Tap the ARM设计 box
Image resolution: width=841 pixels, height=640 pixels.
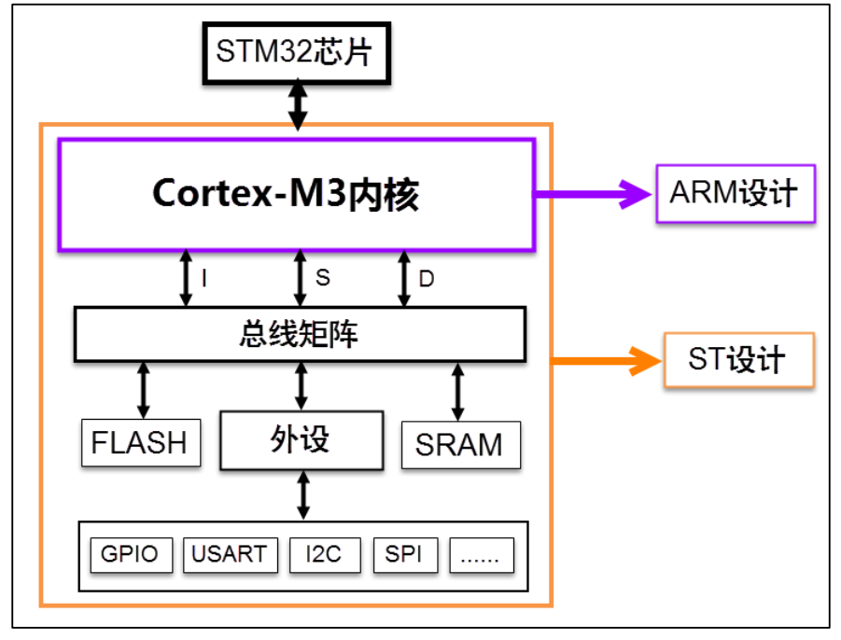tap(735, 194)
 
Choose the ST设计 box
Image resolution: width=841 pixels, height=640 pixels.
tap(737, 359)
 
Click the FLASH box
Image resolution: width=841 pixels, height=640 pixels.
tap(140, 442)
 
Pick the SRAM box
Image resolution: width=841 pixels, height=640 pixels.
tap(459, 445)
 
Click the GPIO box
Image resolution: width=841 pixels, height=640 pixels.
tap(130, 555)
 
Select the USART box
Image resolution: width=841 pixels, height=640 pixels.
tap(229, 555)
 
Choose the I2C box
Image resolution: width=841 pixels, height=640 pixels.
tap(322, 555)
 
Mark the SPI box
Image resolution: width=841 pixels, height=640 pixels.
tap(404, 555)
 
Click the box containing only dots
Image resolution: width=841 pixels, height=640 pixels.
tap(482, 555)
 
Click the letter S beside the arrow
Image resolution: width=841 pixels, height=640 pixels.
tap(322, 277)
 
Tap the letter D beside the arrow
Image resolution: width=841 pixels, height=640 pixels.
tap(426, 277)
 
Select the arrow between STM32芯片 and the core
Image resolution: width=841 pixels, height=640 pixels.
tap(297, 104)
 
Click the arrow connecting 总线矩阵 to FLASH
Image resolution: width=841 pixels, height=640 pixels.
tap(143, 390)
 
